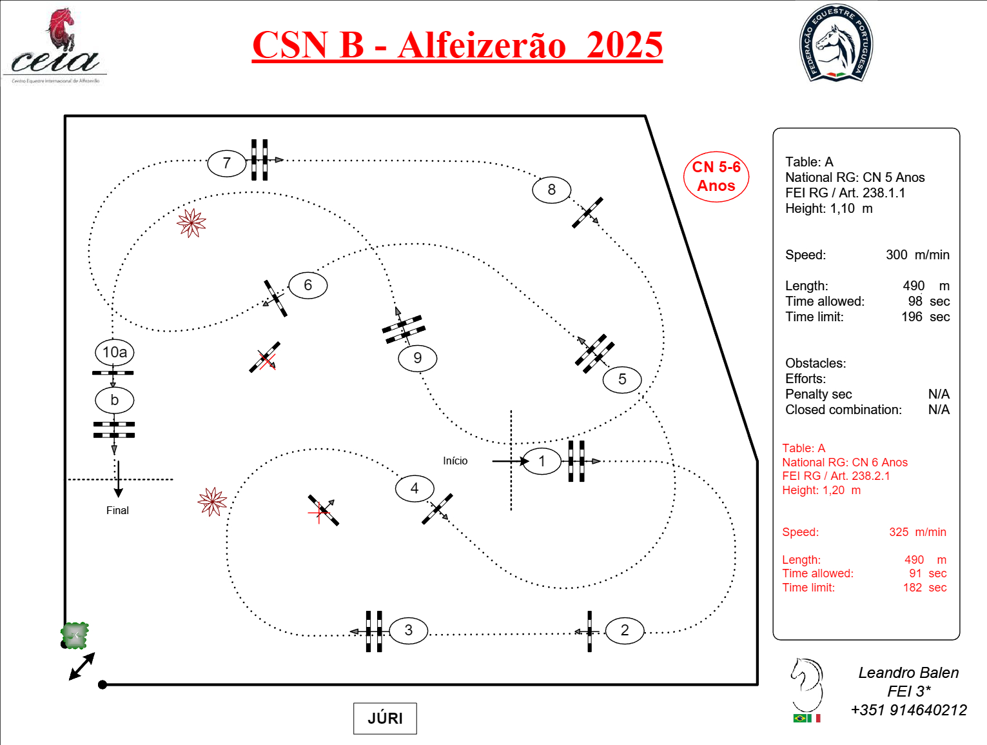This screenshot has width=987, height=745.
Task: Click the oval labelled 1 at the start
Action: pyautogui.click(x=542, y=461)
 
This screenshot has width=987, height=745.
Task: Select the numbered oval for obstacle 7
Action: pyautogui.click(x=226, y=163)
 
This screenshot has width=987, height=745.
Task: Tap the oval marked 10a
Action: pyautogui.click(x=115, y=352)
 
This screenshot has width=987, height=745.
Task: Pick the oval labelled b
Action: pyautogui.click(x=114, y=400)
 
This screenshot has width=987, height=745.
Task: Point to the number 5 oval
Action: pyautogui.click(x=622, y=379)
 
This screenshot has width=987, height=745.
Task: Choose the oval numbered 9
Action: pyautogui.click(x=417, y=358)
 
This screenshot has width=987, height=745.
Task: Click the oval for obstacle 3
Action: pyautogui.click(x=408, y=630)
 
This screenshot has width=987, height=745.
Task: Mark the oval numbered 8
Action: pyautogui.click(x=551, y=190)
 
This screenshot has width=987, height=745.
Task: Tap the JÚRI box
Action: pyautogui.click(x=385, y=719)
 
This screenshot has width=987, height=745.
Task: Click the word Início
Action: pyautogui.click(x=455, y=461)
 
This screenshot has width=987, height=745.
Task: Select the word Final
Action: pyautogui.click(x=117, y=510)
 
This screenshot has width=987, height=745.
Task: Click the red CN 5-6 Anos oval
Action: pyautogui.click(x=716, y=177)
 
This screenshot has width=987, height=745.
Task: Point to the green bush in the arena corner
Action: pyautogui.click(x=75, y=635)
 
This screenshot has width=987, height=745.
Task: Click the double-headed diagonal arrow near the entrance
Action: pyautogui.click(x=82, y=666)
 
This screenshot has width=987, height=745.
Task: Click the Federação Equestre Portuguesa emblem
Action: pyautogui.click(x=836, y=44)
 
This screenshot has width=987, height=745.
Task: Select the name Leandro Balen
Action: pyautogui.click(x=908, y=673)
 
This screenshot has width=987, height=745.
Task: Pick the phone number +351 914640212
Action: pyautogui.click(x=908, y=710)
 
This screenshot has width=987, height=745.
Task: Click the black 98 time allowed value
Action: pyautogui.click(x=915, y=301)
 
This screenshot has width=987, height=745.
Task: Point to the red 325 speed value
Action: pyautogui.click(x=899, y=532)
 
